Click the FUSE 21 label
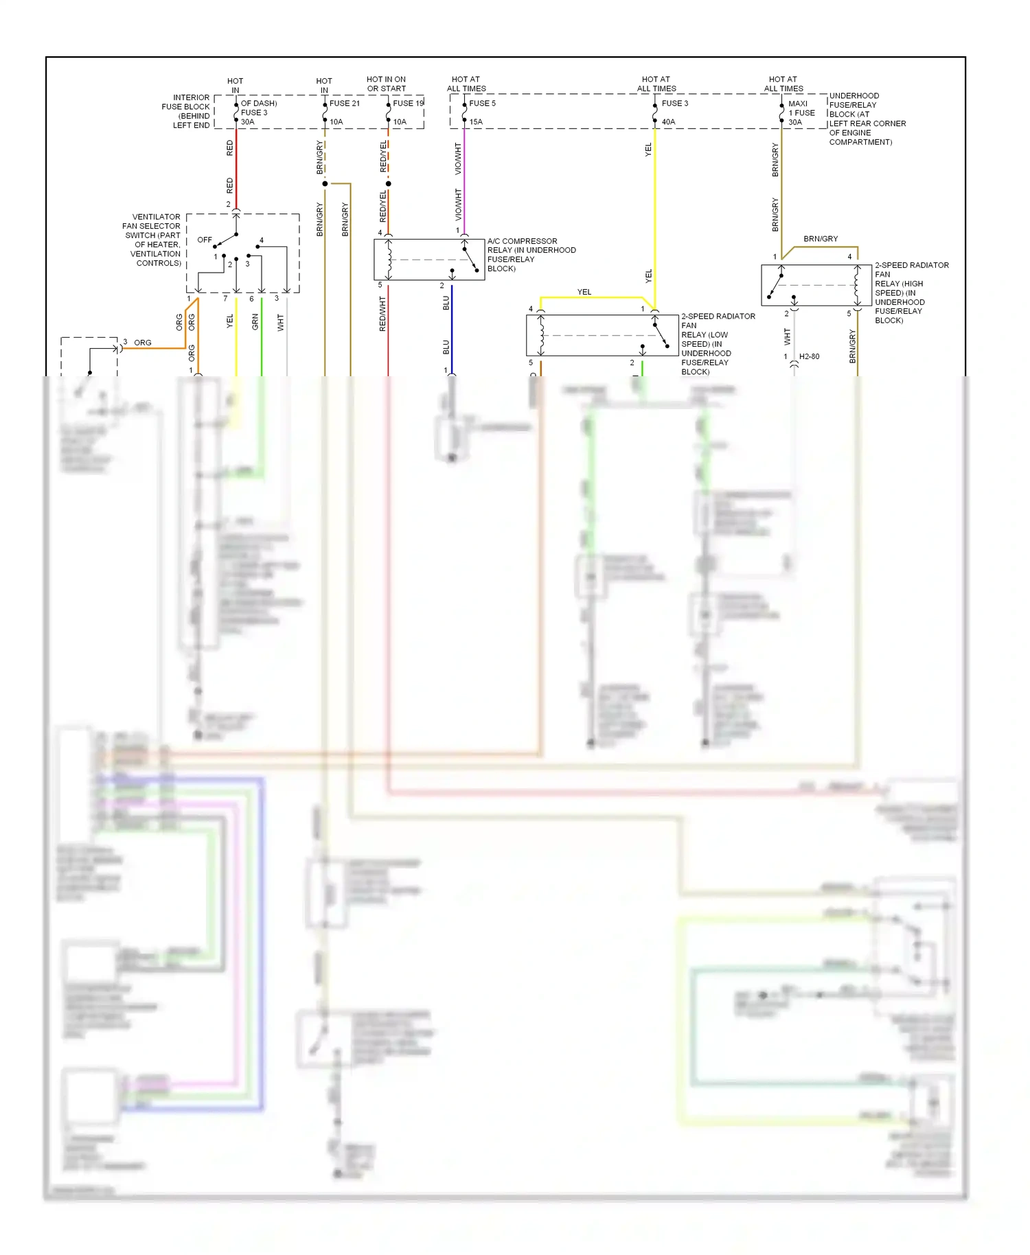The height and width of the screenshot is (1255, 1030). [x=344, y=104]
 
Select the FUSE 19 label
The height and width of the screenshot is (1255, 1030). [x=408, y=104]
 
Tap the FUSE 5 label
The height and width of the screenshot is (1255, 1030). [x=482, y=104]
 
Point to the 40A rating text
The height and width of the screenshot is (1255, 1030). [x=668, y=122]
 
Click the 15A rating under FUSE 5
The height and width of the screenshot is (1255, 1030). [x=476, y=122]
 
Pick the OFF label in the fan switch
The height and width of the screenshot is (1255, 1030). [x=205, y=240]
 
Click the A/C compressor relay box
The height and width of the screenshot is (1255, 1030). [x=429, y=260]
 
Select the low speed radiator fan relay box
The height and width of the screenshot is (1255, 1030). [x=602, y=336]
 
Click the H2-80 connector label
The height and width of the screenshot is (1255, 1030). [x=809, y=357]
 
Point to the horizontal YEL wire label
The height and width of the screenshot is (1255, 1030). [x=584, y=292]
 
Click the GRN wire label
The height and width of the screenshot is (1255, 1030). [x=255, y=322]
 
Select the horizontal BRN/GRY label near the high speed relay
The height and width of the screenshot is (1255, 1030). [x=821, y=239]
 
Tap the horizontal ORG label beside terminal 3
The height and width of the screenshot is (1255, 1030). [x=143, y=343]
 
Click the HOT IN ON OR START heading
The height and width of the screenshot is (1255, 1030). [x=386, y=84]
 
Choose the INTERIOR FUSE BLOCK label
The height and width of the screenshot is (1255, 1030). [x=187, y=111]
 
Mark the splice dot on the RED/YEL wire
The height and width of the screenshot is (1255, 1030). [x=389, y=184]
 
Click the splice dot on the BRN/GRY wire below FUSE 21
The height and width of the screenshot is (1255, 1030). [x=325, y=184]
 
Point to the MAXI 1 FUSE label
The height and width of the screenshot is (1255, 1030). [x=801, y=108]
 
